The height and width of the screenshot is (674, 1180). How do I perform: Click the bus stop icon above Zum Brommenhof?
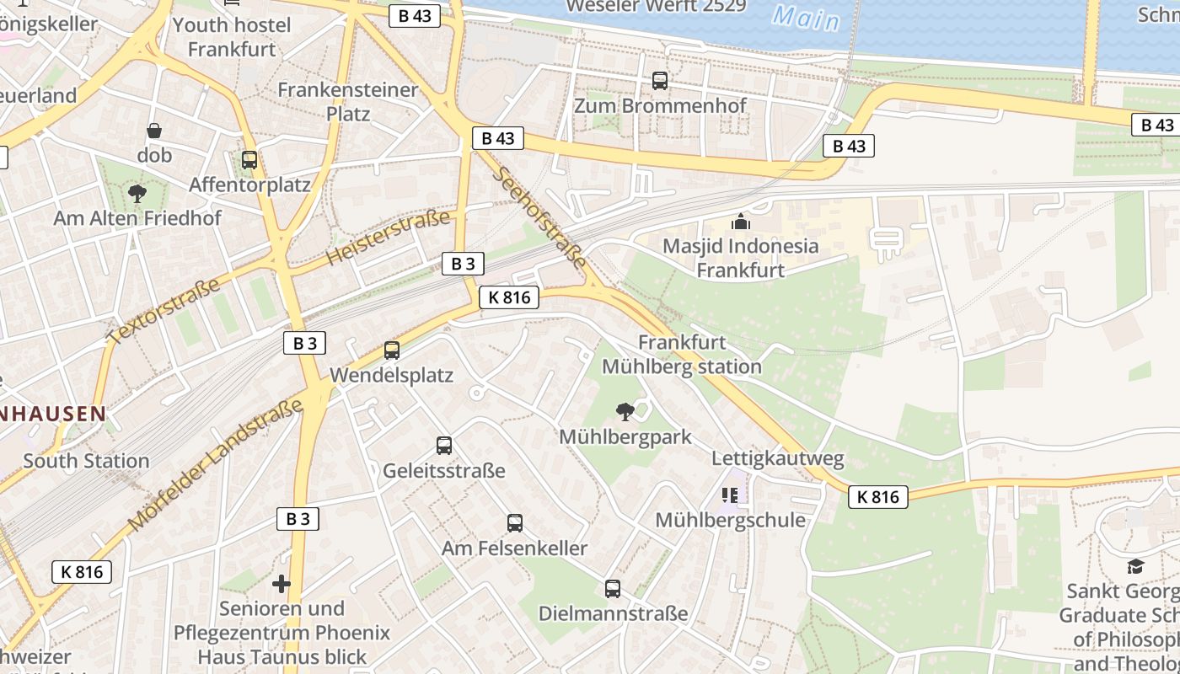pyautogui.click(x=660, y=81)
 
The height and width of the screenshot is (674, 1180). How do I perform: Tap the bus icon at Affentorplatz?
pyautogui.click(x=249, y=159)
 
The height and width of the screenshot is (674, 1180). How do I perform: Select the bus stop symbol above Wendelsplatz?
pyautogui.click(x=392, y=350)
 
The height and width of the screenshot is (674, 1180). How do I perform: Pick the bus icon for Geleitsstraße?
pyautogui.click(x=444, y=445)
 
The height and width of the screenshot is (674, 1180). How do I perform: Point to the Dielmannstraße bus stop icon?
pyautogui.click(x=613, y=588)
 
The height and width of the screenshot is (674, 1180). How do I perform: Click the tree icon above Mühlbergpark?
pyautogui.click(x=625, y=411)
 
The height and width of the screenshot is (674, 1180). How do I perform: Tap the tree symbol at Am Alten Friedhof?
pyautogui.click(x=137, y=194)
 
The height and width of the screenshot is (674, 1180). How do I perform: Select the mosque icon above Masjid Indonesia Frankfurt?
pyautogui.click(x=741, y=222)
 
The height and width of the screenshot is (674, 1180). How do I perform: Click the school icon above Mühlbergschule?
pyautogui.click(x=730, y=495)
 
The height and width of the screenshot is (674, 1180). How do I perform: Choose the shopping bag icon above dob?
pyautogui.click(x=154, y=131)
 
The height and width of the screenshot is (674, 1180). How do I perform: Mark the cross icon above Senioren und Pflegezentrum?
pyautogui.click(x=282, y=583)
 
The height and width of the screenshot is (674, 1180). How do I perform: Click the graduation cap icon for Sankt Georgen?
pyautogui.click(x=1136, y=565)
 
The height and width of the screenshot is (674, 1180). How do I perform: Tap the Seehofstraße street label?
pyautogui.click(x=539, y=217)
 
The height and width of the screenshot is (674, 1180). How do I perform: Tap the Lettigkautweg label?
pyautogui.click(x=778, y=459)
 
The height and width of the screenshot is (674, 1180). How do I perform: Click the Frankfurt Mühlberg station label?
pyautogui.click(x=682, y=355)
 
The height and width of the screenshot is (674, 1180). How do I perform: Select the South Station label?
pyautogui.click(x=86, y=461)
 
